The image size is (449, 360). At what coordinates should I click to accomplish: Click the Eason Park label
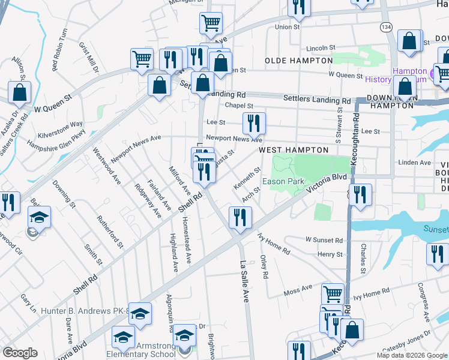click(284, 181)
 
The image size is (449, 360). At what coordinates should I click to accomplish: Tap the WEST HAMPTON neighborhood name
click(294, 150)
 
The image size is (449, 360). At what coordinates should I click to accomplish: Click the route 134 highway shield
click(385, 27)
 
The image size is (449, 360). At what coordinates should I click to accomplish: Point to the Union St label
click(287, 27)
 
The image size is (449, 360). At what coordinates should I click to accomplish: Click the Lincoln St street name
click(319, 48)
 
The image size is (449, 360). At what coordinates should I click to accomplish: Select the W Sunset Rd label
click(324, 240)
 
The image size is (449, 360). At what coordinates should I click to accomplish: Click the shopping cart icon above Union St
click(211, 23)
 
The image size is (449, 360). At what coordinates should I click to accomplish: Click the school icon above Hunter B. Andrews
click(140, 314)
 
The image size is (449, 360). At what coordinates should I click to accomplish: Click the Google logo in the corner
click(20, 353)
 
